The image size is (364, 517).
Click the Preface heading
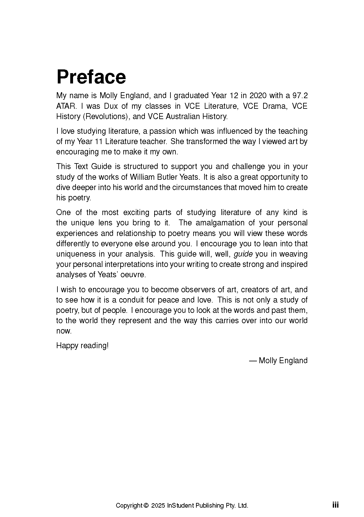click(91, 77)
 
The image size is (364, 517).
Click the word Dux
click(111, 106)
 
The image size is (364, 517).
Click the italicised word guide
click(243, 254)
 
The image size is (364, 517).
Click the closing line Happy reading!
click(82, 346)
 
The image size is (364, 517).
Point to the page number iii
click(335, 505)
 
